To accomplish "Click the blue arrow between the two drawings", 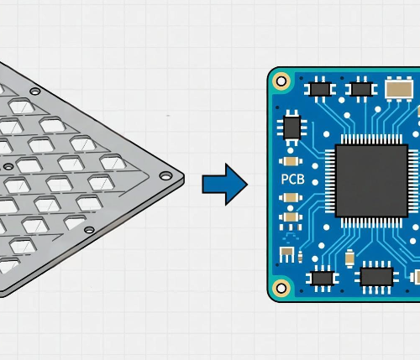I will (x=224, y=184).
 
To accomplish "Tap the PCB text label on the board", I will (x=291, y=180).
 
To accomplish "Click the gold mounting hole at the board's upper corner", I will (x=281, y=81).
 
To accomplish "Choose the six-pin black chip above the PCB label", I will (x=291, y=127).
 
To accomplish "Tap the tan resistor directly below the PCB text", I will (x=291, y=198).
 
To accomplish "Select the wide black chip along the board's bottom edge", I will (x=375, y=274).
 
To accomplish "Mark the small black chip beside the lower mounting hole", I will (x=323, y=277).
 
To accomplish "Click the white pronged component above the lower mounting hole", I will (x=287, y=253).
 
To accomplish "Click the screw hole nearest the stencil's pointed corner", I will (x=165, y=176).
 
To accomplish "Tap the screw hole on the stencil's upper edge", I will (x=34, y=90).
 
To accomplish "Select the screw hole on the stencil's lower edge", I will (x=89, y=228).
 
